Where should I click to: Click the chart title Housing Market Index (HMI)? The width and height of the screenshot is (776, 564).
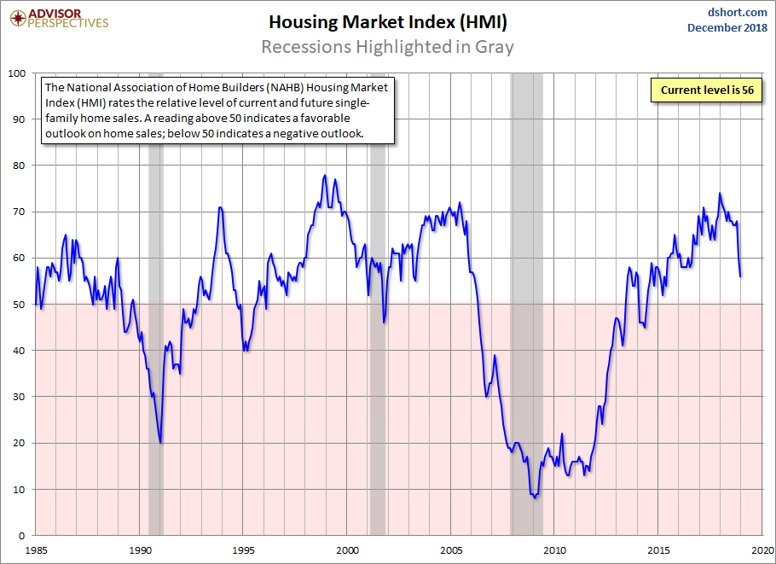point(387,21)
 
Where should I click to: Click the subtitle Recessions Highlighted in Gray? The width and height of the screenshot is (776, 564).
point(387,46)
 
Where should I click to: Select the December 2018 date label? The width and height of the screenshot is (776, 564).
point(727,28)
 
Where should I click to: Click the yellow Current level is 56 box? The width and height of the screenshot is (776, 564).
point(707,90)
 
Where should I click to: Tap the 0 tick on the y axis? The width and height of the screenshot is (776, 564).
point(24,535)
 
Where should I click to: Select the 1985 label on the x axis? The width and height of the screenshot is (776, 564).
point(36,549)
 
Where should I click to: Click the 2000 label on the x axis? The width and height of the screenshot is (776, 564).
point(347,549)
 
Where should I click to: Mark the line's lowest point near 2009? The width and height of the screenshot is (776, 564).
point(535,497)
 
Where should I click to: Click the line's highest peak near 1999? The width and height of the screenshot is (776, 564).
point(325,175)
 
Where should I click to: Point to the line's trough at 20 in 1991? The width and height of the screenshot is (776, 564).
point(161,442)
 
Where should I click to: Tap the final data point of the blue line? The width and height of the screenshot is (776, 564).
point(740,276)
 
